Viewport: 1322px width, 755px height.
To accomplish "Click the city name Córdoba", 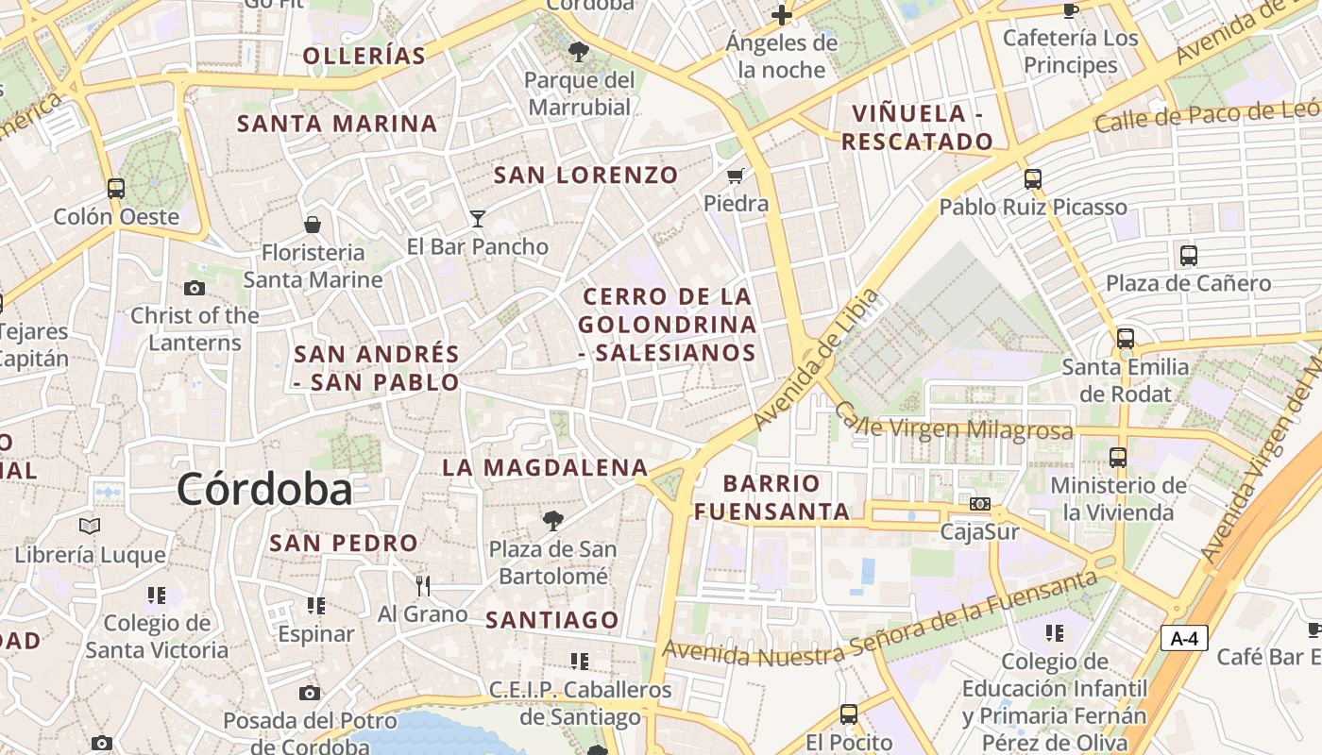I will coord(264,489).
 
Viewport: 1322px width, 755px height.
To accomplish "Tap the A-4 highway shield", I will coord(1184,639).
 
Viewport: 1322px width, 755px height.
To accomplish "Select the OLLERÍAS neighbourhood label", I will coord(364,56).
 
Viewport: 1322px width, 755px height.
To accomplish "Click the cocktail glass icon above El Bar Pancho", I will coord(478,219).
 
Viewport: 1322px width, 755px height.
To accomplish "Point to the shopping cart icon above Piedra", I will coord(737,176).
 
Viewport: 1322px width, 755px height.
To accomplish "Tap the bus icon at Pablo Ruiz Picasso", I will coord(1033,178).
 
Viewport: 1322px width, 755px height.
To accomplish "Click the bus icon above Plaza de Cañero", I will coord(1189,255).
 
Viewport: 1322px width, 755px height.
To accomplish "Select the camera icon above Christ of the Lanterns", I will coord(195,288).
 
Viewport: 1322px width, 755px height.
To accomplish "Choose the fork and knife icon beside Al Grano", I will coord(423,586).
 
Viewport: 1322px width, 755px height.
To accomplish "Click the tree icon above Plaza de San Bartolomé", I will coord(553,520).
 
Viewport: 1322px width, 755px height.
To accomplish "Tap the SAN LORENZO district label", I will coord(586,175).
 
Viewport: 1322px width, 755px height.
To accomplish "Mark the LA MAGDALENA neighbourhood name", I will coord(546,467).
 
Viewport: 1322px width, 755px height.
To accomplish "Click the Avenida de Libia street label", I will coord(818,360).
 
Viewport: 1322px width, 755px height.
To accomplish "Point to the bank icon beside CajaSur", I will coord(980,504).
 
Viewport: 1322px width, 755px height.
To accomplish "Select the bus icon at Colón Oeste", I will coord(116,188).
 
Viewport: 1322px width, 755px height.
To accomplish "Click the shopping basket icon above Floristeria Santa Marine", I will coord(313,225).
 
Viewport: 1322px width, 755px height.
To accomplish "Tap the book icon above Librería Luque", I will coord(90,526).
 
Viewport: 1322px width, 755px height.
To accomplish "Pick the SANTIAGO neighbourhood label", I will coord(552,620).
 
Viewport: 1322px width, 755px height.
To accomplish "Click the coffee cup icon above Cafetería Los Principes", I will coord(1070,10).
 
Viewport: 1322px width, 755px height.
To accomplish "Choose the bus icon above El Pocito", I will coord(849,714).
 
